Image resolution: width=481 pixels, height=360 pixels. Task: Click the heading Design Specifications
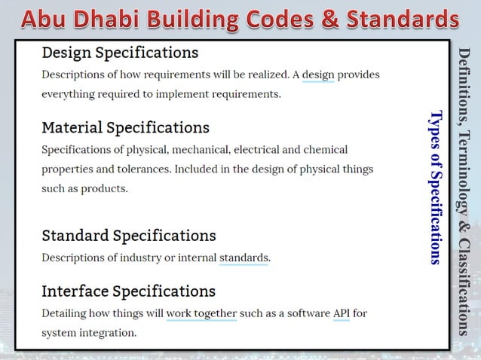pos(120,53)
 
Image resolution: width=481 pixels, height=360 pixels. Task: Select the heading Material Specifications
pos(125,127)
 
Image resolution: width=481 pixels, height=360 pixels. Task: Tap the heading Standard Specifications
pos(128,236)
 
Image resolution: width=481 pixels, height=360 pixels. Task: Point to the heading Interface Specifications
pos(128,291)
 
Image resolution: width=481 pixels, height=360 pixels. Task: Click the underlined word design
pos(317,75)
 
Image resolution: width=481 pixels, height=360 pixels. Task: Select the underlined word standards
pos(243,258)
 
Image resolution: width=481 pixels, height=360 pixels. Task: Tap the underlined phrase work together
pos(201,313)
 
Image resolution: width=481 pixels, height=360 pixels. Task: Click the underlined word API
pos(341,313)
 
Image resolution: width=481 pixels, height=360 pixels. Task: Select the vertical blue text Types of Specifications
pos(435,188)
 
